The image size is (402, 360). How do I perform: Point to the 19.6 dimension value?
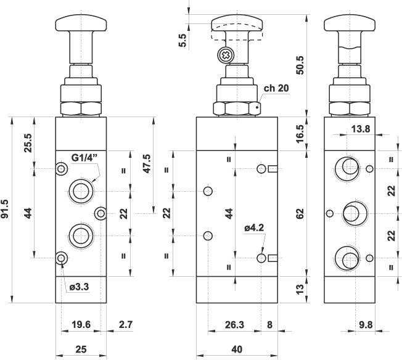pos(81,324)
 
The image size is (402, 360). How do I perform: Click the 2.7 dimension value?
pos(125,324)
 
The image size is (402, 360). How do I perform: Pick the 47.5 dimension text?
pos(147,163)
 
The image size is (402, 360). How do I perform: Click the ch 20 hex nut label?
pos(276,88)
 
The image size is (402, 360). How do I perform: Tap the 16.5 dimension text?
pos(300,133)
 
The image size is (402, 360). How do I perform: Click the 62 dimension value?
pos(300,214)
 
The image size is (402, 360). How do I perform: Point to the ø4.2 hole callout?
pos(255,228)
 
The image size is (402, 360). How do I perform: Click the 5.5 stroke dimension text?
pos(182,40)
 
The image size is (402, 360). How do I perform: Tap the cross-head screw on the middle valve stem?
pos(226,55)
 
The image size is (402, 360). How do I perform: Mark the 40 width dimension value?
pos(236,350)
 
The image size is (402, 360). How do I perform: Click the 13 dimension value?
pos(300,289)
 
